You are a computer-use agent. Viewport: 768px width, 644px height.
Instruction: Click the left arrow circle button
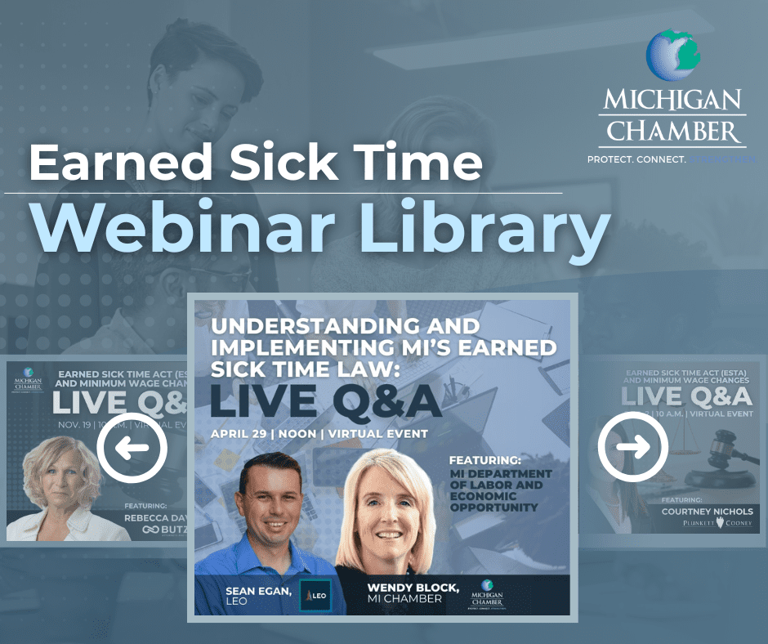click(132, 447)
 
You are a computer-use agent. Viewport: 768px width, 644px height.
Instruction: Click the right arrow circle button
click(632, 447)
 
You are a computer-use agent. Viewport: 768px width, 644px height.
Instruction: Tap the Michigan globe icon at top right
click(672, 56)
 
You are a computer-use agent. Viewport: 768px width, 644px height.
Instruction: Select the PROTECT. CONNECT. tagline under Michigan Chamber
click(636, 160)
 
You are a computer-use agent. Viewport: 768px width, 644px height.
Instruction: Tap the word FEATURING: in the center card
click(486, 460)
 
